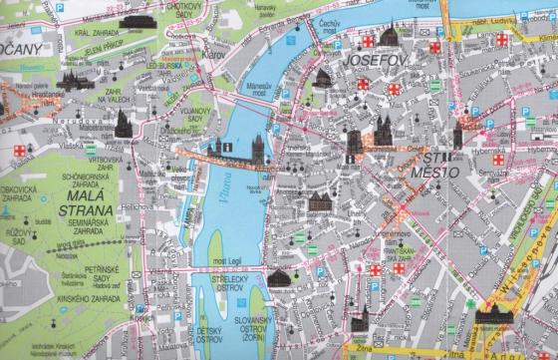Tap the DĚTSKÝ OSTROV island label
(208, 334)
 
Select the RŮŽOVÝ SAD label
(17, 238)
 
